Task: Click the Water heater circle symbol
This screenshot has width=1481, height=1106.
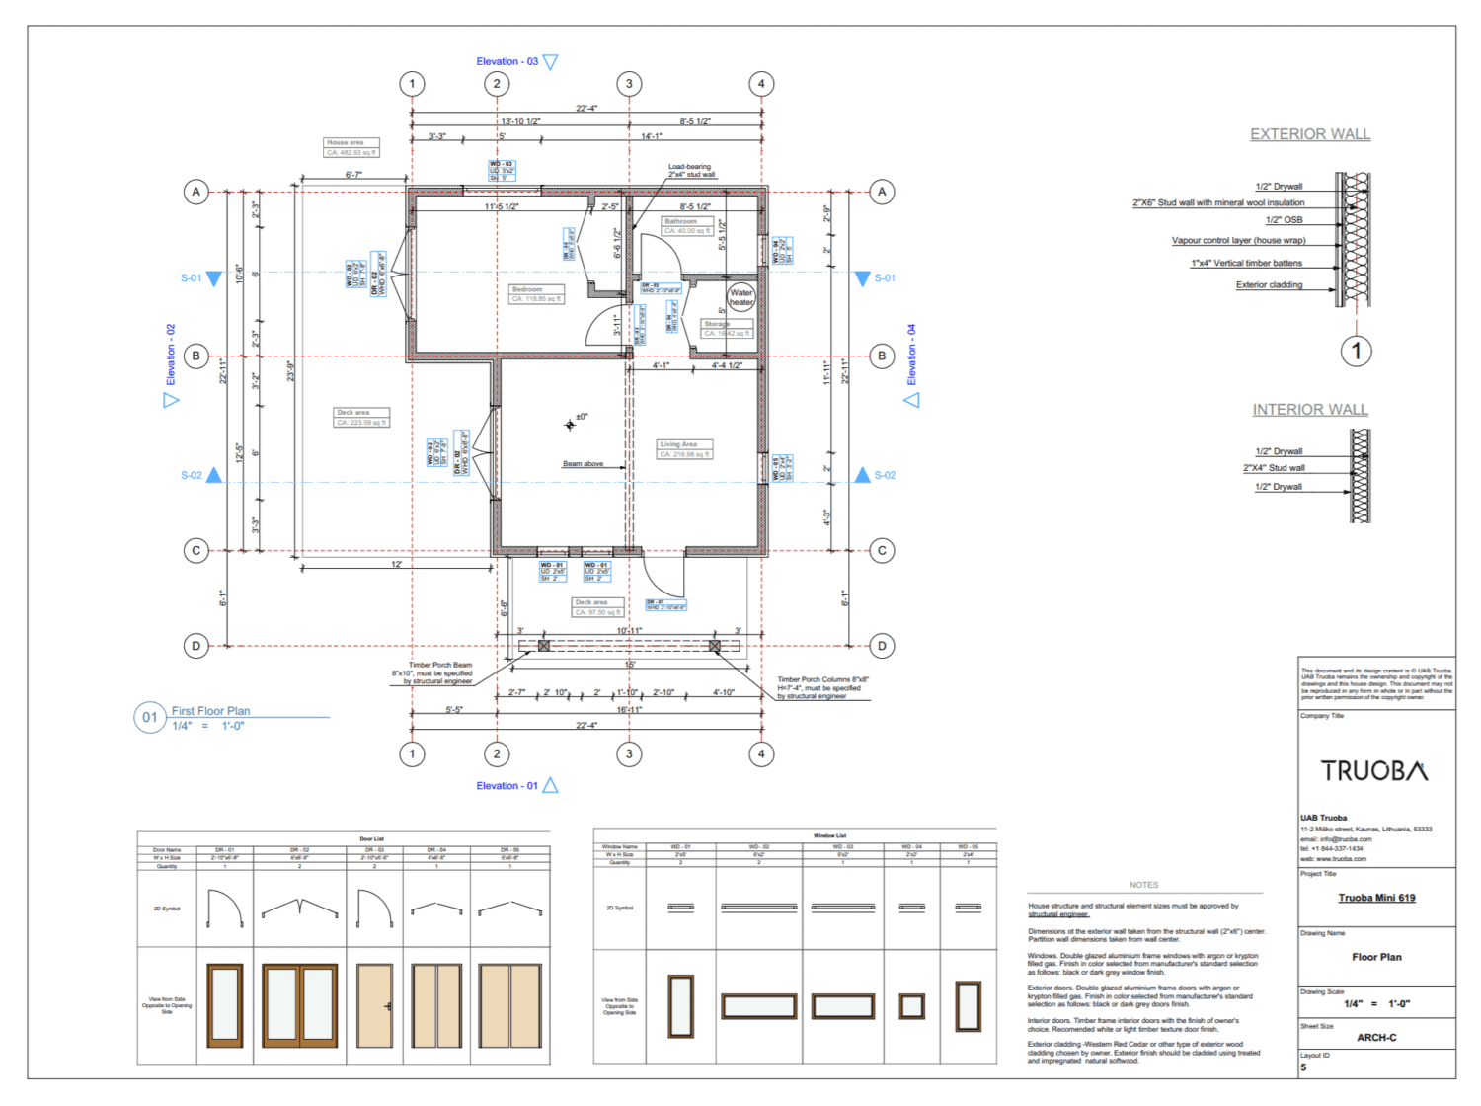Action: point(740,297)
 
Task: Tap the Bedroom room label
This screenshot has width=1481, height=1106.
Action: point(527,289)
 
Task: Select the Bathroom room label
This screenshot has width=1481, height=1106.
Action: point(681,222)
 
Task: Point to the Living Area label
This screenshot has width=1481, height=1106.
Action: point(678,444)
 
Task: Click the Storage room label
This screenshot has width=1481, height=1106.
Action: point(718,324)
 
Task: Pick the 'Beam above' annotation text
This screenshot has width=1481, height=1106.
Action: point(583,463)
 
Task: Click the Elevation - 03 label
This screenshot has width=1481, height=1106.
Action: point(507,61)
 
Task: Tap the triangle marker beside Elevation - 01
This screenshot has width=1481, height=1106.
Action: point(551,785)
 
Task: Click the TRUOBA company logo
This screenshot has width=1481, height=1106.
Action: point(1374,771)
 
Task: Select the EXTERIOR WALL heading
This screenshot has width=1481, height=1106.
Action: point(1309,134)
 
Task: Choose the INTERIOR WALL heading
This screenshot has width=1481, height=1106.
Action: point(1309,410)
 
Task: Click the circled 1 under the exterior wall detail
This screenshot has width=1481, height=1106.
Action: point(1356,351)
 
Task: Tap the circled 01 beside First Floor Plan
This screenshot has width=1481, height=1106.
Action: point(149,717)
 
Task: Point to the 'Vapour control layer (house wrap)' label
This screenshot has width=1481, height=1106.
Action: point(1238,240)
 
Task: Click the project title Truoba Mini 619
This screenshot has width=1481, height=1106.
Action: point(1376,898)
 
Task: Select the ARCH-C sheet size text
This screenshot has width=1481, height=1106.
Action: point(1376,1038)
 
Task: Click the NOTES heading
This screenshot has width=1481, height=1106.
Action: point(1143,885)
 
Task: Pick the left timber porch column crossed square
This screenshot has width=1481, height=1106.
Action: point(544,646)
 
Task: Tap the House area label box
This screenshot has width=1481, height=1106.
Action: point(351,147)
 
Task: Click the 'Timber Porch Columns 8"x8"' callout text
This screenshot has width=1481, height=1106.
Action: point(822,679)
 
